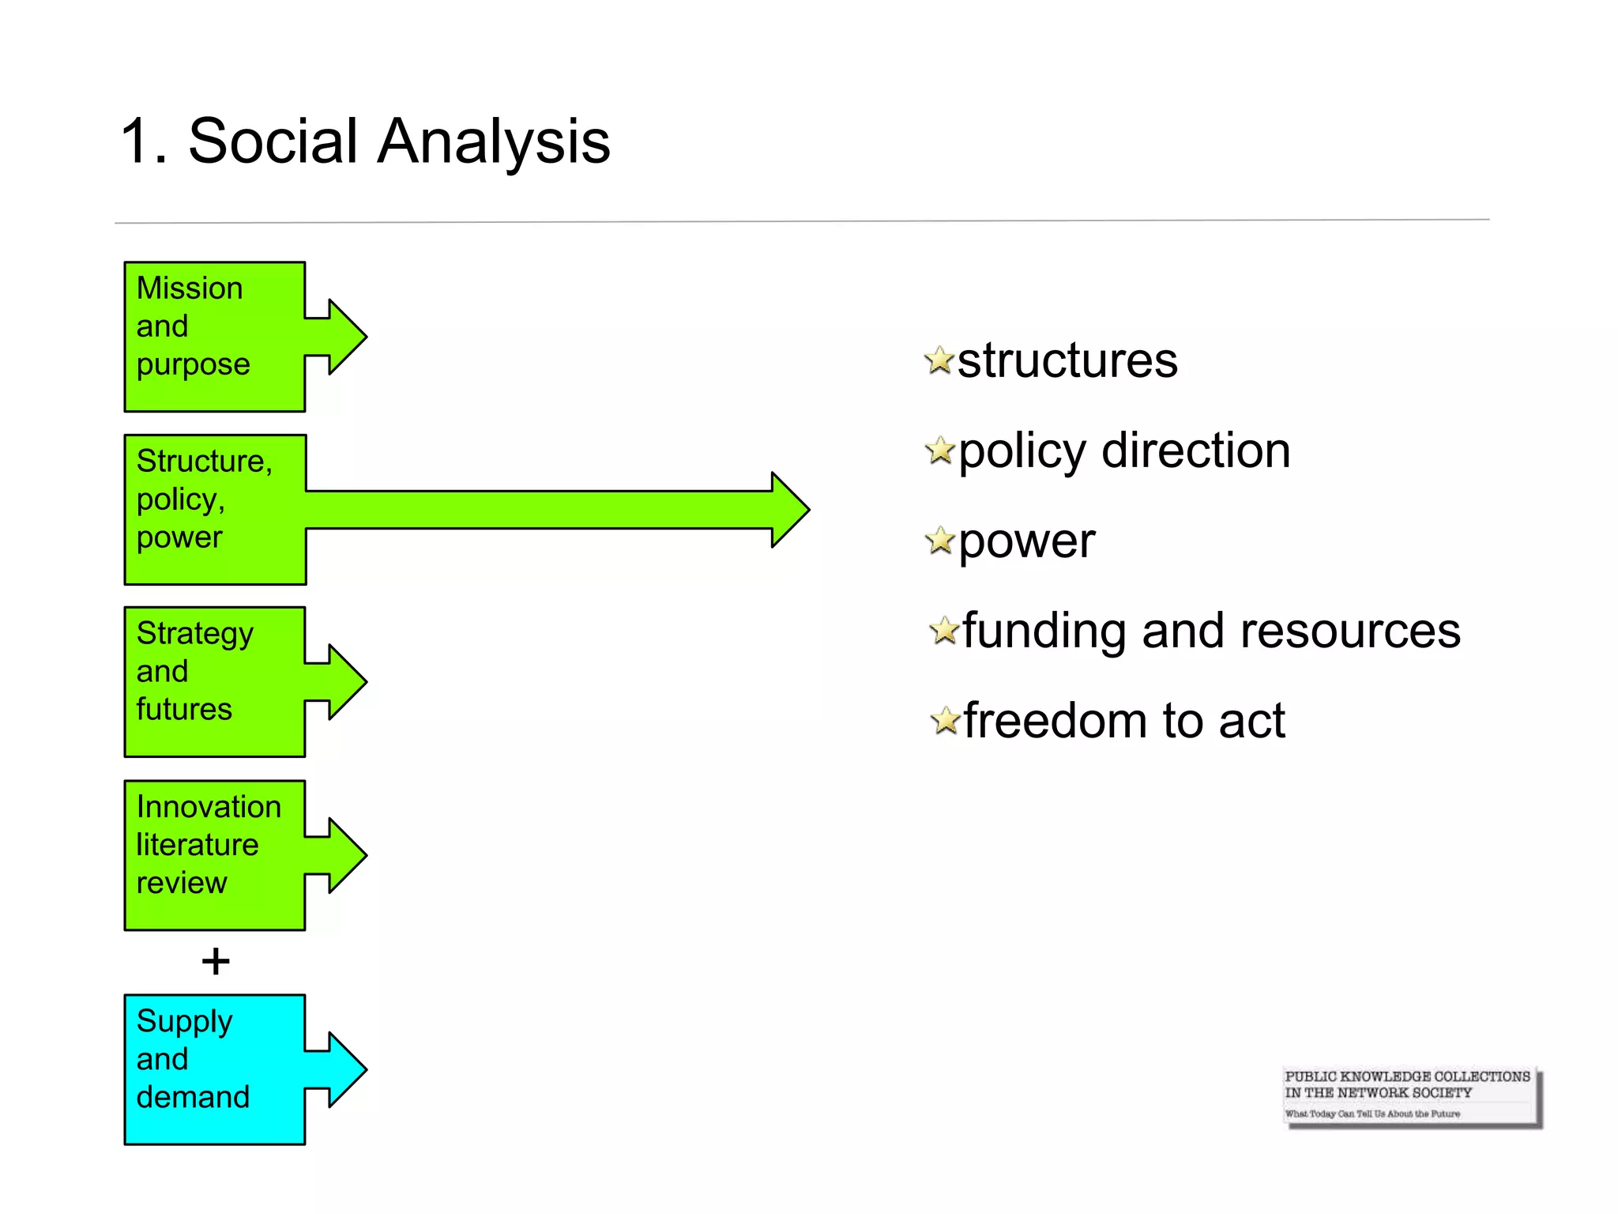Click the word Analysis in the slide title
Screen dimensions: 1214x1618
click(x=493, y=142)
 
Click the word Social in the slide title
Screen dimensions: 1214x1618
click(x=273, y=142)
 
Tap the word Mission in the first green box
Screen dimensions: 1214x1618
click(x=190, y=288)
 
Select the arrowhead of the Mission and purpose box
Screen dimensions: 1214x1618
click(x=346, y=337)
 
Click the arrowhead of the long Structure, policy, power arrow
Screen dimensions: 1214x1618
click(x=788, y=510)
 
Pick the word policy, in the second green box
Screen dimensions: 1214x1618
click(x=181, y=500)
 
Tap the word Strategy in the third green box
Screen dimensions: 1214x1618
click(x=195, y=634)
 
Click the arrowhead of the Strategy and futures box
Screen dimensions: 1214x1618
click(x=346, y=681)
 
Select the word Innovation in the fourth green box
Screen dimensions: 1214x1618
click(x=209, y=807)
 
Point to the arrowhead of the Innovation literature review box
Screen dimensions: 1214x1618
click(x=346, y=855)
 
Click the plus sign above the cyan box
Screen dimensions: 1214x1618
click(x=215, y=962)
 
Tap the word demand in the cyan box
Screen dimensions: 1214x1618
click(x=193, y=1097)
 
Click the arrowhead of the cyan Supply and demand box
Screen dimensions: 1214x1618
click(x=346, y=1069)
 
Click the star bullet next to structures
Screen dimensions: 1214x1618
click(x=939, y=360)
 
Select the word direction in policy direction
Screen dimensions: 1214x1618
click(x=1195, y=451)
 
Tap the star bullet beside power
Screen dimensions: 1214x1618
click(x=940, y=541)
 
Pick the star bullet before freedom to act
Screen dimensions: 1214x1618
click(x=945, y=721)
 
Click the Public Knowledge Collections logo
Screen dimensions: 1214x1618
click(x=1410, y=1095)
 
